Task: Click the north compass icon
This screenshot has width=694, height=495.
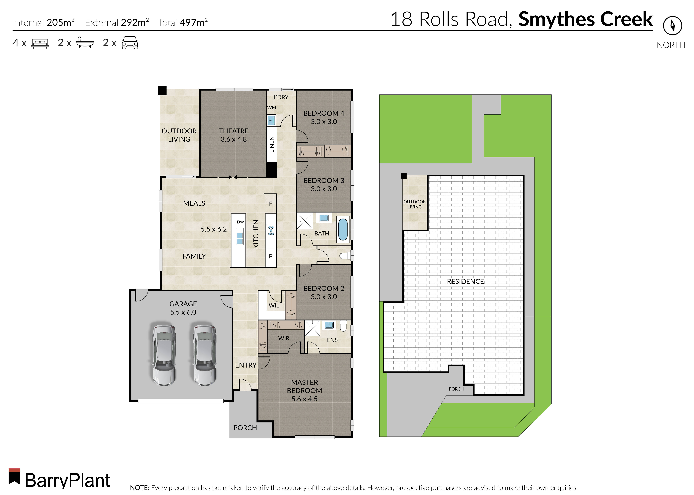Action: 672,26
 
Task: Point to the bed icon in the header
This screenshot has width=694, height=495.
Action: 40,43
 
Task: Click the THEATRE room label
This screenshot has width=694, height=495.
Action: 234,131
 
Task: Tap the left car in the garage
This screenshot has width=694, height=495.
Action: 164,355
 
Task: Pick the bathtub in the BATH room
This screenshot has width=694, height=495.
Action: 343,229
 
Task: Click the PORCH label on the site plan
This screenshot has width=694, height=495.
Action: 456,389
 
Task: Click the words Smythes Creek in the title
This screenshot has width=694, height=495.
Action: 585,19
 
